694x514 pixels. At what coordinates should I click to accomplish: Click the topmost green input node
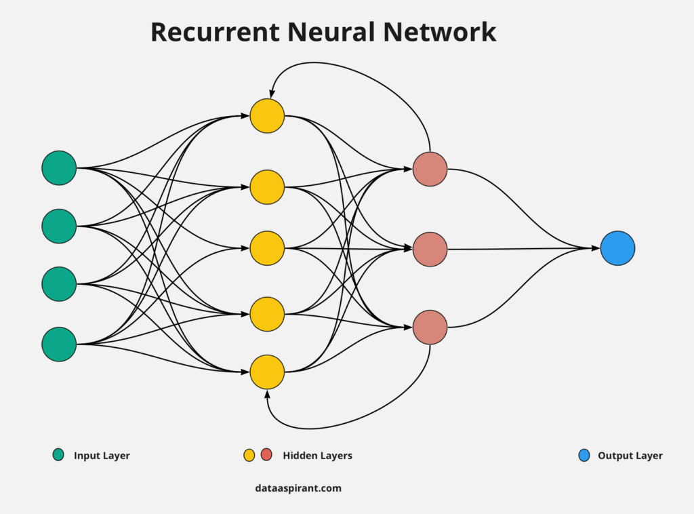click(x=59, y=167)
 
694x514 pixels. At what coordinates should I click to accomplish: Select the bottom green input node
click(x=59, y=344)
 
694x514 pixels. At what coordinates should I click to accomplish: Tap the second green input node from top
click(x=59, y=226)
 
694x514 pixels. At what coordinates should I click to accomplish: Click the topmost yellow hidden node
click(x=267, y=116)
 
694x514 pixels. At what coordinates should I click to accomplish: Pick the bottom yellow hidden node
click(x=267, y=372)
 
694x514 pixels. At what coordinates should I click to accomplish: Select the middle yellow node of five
click(x=267, y=248)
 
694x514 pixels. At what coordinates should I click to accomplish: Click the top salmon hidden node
click(x=430, y=169)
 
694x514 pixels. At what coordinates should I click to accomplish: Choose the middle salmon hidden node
click(x=430, y=249)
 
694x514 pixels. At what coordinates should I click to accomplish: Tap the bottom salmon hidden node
click(x=430, y=328)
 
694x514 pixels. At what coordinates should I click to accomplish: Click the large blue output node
click(x=617, y=248)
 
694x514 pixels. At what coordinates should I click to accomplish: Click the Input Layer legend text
click(x=102, y=456)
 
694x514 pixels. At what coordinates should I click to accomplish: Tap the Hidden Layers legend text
click(x=317, y=456)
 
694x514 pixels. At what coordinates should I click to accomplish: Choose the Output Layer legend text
click(x=630, y=456)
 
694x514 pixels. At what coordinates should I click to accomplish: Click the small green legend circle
click(x=58, y=455)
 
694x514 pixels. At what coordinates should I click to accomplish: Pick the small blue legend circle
click(x=584, y=455)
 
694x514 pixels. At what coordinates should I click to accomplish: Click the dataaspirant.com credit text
click(x=298, y=488)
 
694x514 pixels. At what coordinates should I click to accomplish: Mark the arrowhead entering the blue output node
click(x=596, y=248)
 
